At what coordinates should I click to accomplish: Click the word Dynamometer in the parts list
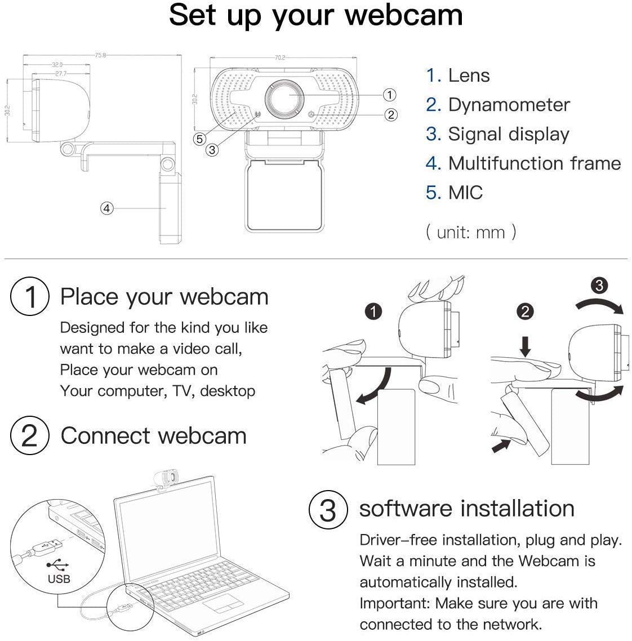tap(509, 105)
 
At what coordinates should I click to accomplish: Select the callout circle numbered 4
tap(107, 208)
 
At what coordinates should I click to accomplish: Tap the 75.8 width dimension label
tap(100, 55)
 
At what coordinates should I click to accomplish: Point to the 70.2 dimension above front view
tap(280, 57)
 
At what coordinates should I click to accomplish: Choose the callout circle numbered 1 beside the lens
tap(389, 95)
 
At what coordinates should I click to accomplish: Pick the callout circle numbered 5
tap(199, 139)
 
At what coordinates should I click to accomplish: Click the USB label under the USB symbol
tap(59, 578)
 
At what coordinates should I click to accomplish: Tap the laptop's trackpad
tap(222, 605)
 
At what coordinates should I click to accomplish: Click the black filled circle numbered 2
tap(525, 311)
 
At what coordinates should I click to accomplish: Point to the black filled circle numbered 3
tap(599, 286)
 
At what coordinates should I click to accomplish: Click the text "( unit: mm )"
tap(471, 232)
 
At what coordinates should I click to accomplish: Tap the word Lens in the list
tap(469, 75)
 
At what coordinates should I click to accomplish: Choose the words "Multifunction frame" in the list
tap(534, 163)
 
